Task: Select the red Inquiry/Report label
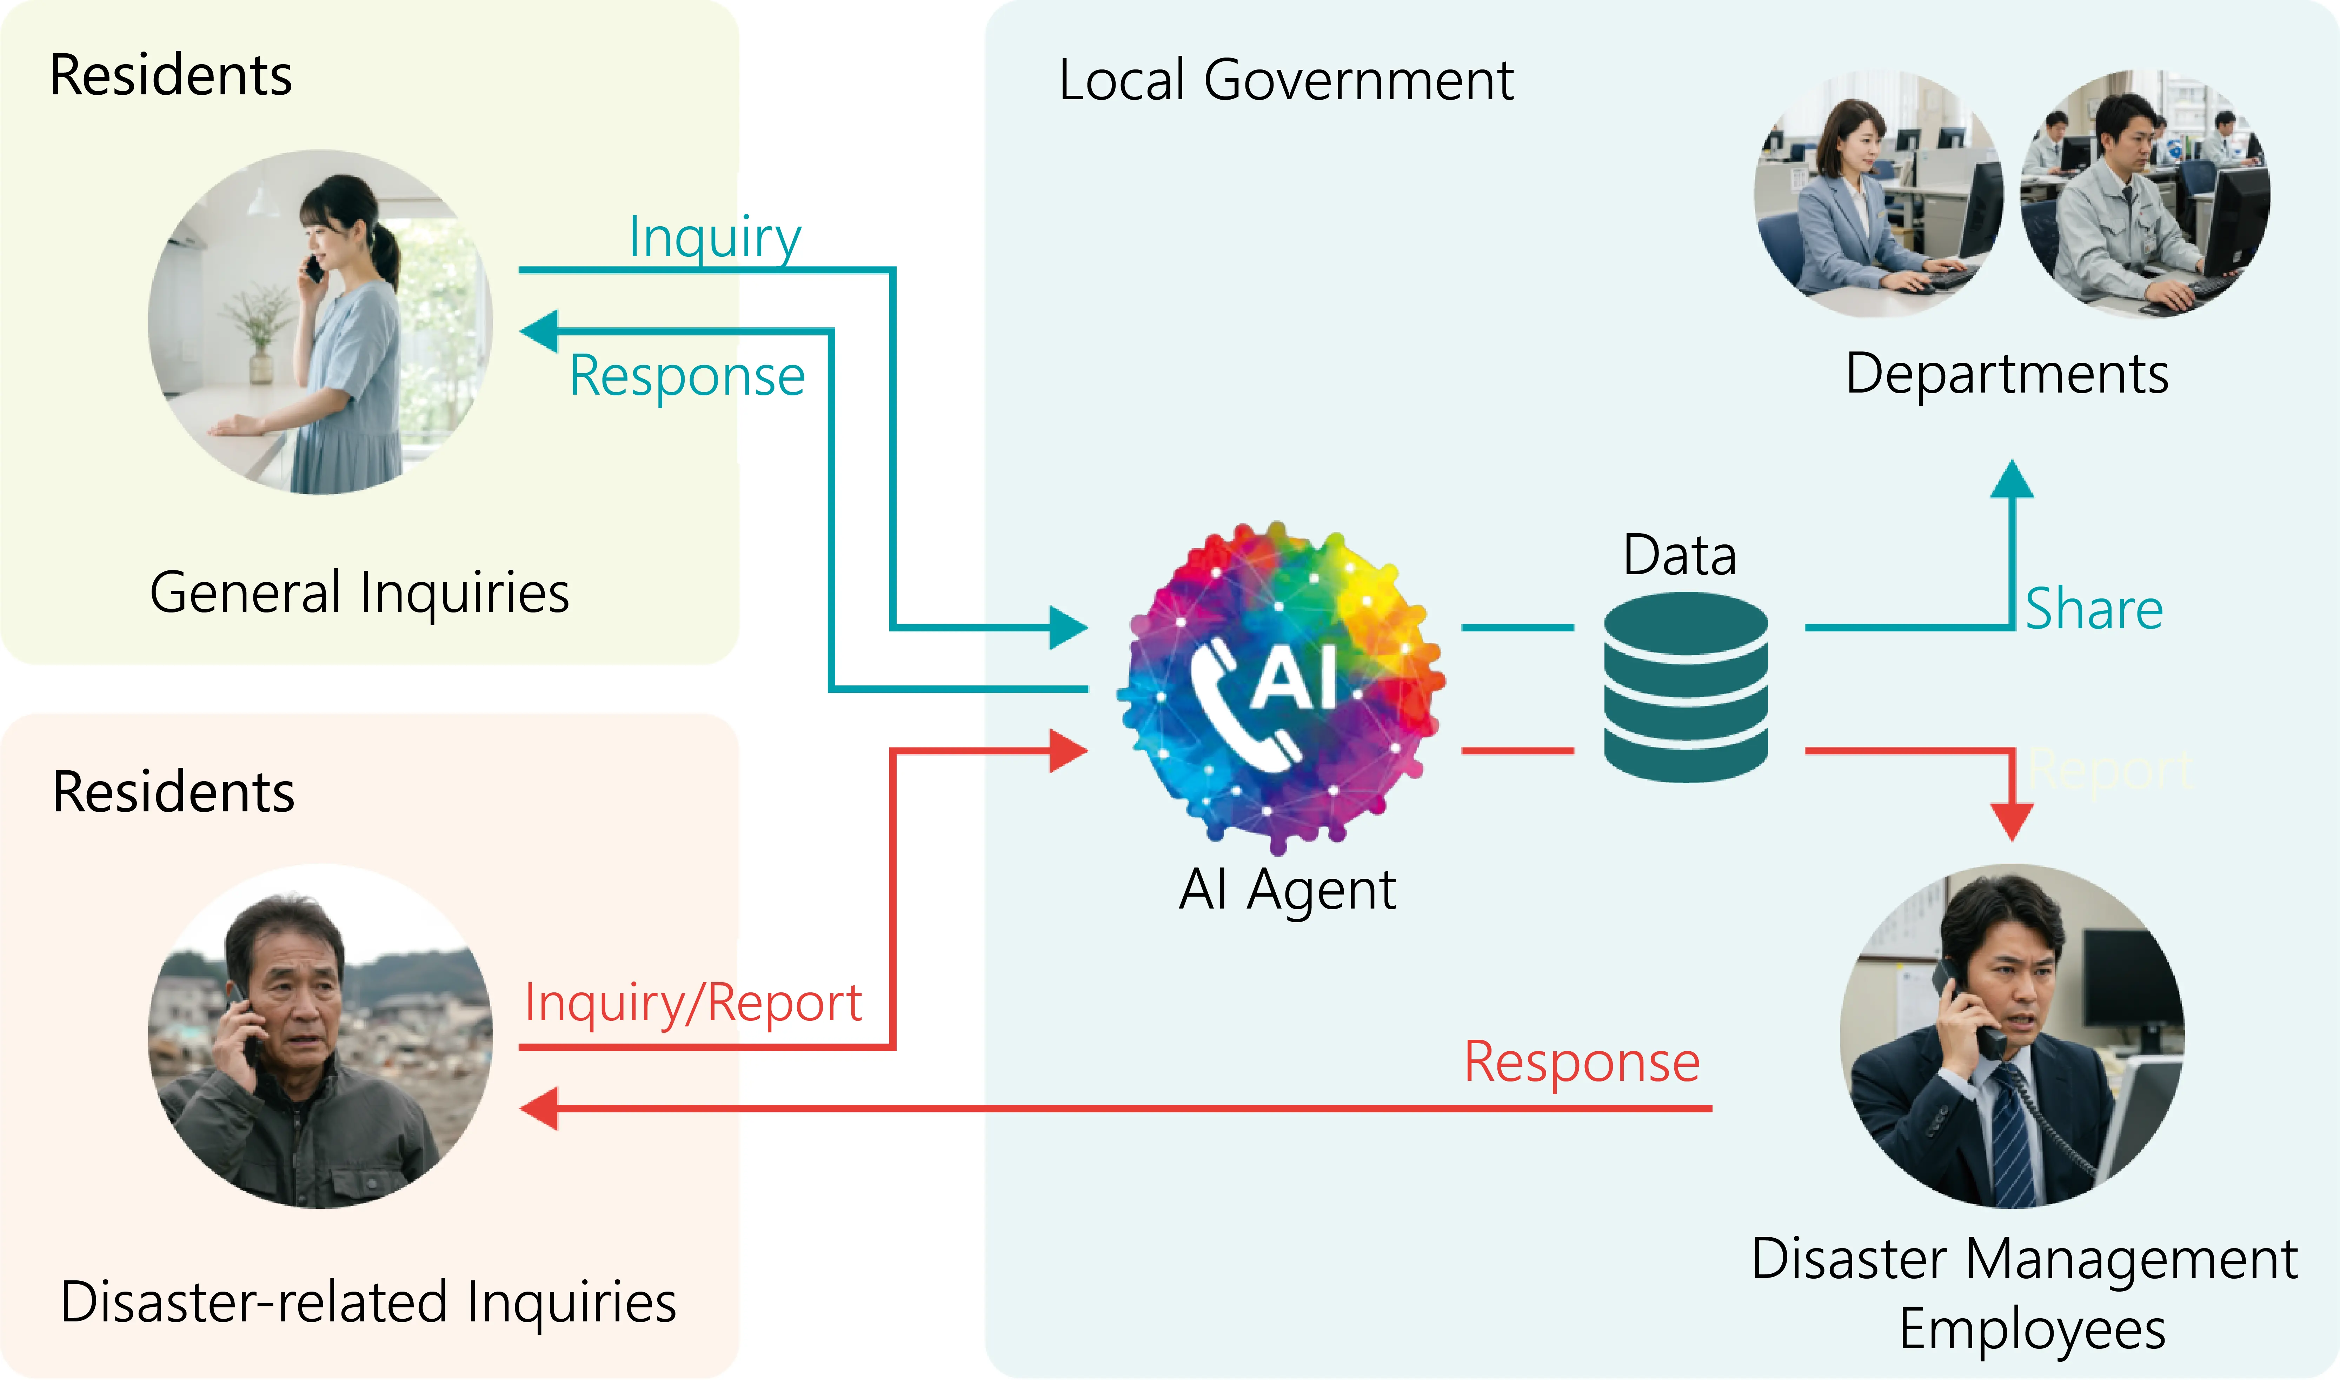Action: pyautogui.click(x=693, y=1003)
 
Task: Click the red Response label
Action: pyautogui.click(x=1581, y=1062)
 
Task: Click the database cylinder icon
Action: pyautogui.click(x=1685, y=688)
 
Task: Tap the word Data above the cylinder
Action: pyautogui.click(x=1680, y=556)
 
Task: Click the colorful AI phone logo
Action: pyautogui.click(x=1281, y=688)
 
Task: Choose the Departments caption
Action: pyautogui.click(x=2007, y=374)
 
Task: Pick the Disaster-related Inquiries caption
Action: pyautogui.click(x=368, y=1302)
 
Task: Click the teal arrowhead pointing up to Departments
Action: pyautogui.click(x=2012, y=482)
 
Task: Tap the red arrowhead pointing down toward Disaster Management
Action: pyautogui.click(x=2012, y=820)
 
